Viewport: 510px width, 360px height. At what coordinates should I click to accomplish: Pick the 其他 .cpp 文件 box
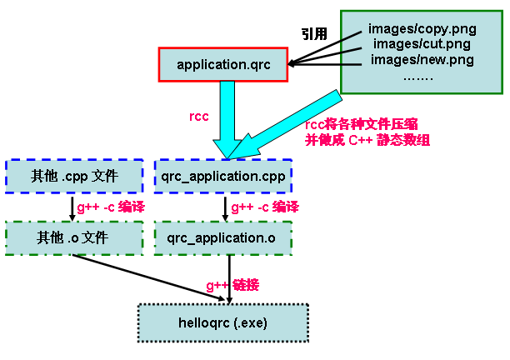pyautogui.click(x=74, y=176)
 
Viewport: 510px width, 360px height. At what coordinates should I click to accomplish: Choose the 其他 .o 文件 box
pyautogui.click(x=74, y=237)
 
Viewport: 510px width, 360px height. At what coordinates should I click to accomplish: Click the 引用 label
pyautogui.click(x=315, y=34)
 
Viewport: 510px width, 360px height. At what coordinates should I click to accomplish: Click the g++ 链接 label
pyautogui.click(x=232, y=285)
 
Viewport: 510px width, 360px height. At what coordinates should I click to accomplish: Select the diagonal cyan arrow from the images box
pyautogui.click(x=292, y=120)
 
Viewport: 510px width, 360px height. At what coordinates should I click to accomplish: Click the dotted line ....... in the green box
pyautogui.click(x=418, y=76)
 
